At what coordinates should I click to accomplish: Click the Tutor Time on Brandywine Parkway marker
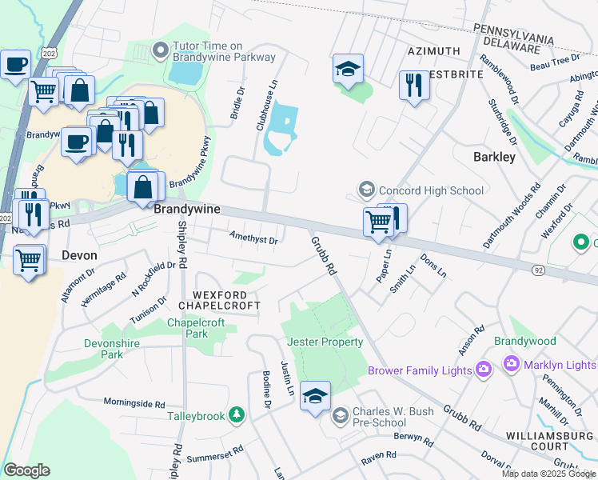coord(161,50)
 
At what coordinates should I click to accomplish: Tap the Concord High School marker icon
coord(367,190)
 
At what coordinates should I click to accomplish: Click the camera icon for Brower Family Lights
coord(483,369)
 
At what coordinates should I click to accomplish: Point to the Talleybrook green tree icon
coord(236,414)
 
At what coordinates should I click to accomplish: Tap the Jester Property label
coord(320,342)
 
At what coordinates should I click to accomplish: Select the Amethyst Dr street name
coord(253,239)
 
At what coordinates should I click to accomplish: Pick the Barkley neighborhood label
coord(494,157)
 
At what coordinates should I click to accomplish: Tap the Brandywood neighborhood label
coord(524,341)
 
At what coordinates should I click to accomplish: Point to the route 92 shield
coord(539,271)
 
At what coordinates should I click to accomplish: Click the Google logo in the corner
coord(27,470)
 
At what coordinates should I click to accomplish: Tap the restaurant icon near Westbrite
coord(414,86)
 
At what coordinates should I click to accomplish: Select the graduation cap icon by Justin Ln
coord(315,396)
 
